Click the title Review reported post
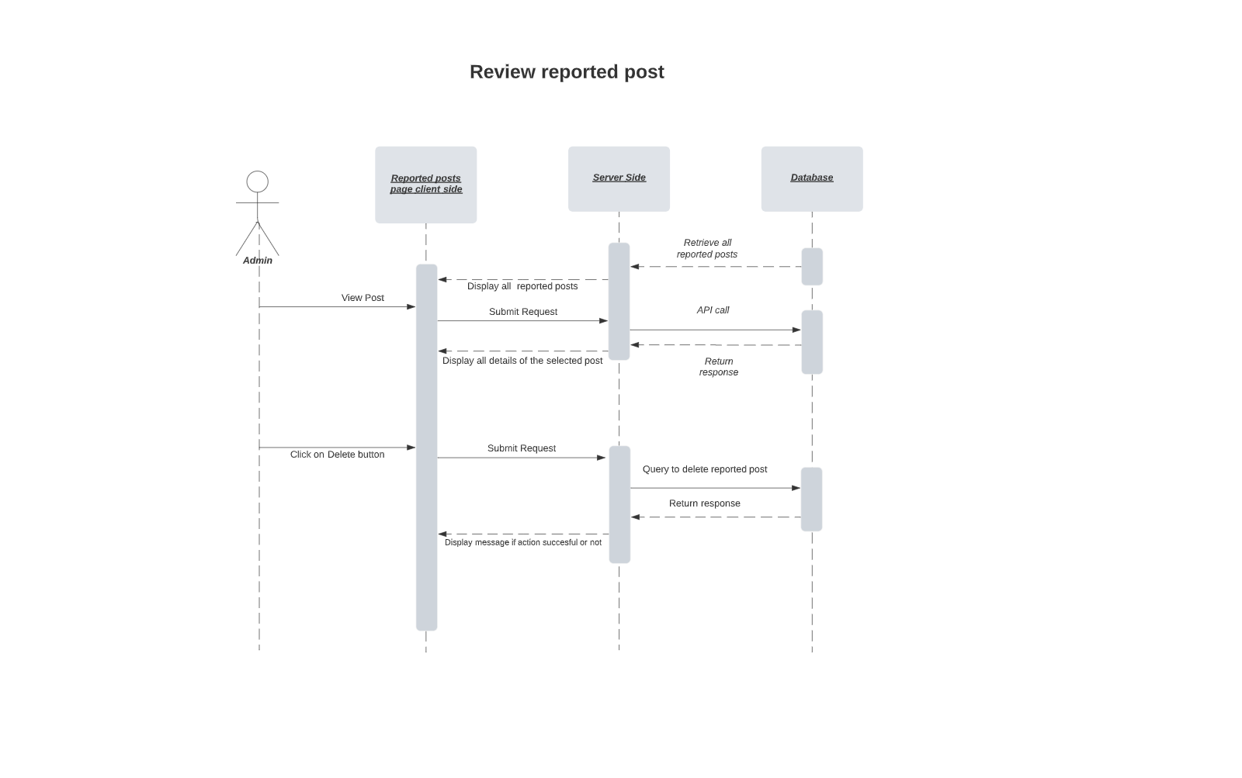pyautogui.click(x=567, y=72)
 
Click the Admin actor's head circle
pyautogui.click(x=258, y=182)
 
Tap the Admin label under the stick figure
pyautogui.click(x=258, y=261)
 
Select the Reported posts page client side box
pyautogui.click(x=425, y=185)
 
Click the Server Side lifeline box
pyautogui.click(x=619, y=178)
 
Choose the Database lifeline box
pyautogui.click(x=812, y=178)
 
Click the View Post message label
pyautogui.click(x=363, y=298)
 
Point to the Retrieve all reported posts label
pyautogui.click(x=707, y=248)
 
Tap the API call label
pyautogui.click(x=713, y=310)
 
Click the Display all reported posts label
pyautogui.click(x=522, y=286)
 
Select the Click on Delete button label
pyautogui.click(x=337, y=455)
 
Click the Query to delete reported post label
pyautogui.click(x=705, y=469)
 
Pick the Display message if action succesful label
pyautogui.click(x=523, y=543)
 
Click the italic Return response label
pyautogui.click(x=719, y=367)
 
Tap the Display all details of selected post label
pyautogui.click(x=522, y=361)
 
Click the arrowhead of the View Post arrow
pyautogui.click(x=411, y=307)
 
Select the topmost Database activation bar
pyautogui.click(x=812, y=267)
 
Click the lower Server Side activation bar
pyautogui.click(x=619, y=504)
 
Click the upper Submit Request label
pyautogui.click(x=523, y=312)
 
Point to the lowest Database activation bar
pyautogui.click(x=811, y=499)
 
